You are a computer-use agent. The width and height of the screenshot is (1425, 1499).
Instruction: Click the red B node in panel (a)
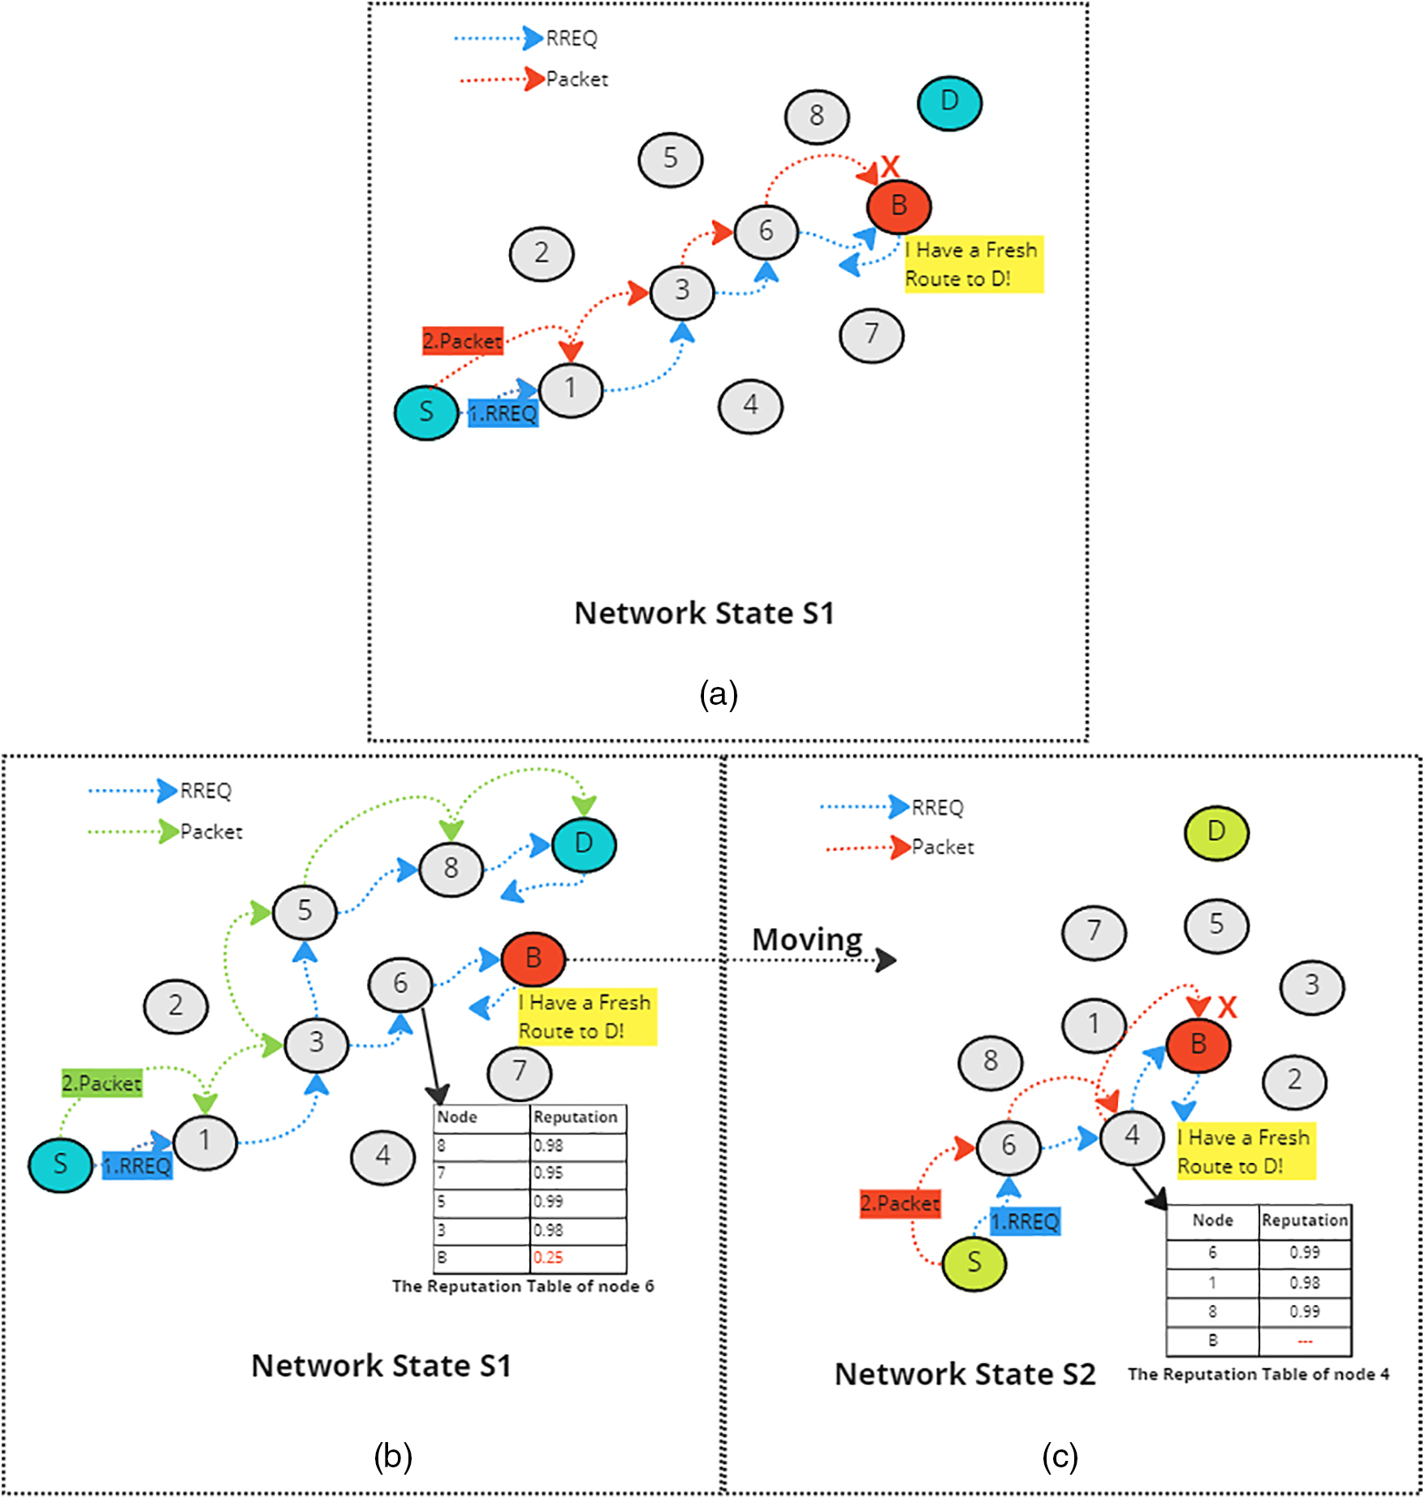click(899, 206)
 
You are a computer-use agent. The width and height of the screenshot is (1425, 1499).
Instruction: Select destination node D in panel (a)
click(949, 103)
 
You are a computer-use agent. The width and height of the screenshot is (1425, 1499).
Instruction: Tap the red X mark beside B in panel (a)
click(891, 166)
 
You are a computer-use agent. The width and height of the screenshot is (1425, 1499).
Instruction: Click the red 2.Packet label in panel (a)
click(463, 341)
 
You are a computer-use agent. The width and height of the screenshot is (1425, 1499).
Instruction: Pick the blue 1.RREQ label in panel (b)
click(137, 1166)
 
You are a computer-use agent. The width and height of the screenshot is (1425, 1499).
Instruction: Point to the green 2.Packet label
click(102, 1083)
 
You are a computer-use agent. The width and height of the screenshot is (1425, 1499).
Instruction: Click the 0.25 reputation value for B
click(548, 1257)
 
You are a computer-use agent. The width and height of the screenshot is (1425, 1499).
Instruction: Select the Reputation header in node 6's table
click(575, 1117)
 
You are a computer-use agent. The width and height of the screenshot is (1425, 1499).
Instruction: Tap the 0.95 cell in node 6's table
click(548, 1173)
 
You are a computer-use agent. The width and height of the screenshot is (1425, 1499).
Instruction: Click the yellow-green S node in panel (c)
click(974, 1263)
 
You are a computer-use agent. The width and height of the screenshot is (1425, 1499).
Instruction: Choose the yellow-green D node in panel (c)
click(1216, 832)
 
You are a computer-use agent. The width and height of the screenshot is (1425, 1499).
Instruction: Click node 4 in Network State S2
click(1132, 1136)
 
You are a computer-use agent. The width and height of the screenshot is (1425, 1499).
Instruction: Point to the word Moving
click(807, 940)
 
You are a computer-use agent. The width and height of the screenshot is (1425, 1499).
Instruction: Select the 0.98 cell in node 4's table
click(1305, 1283)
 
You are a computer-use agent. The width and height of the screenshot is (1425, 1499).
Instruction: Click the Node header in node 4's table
click(1212, 1220)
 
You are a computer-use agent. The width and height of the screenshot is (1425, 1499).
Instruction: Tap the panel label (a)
click(719, 694)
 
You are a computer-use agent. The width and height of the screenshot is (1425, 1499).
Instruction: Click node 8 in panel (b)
click(451, 869)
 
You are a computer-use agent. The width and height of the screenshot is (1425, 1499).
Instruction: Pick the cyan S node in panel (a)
click(426, 413)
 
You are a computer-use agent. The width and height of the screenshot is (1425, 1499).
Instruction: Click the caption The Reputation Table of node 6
click(523, 1286)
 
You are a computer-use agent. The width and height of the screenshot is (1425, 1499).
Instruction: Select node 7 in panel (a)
click(871, 335)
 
